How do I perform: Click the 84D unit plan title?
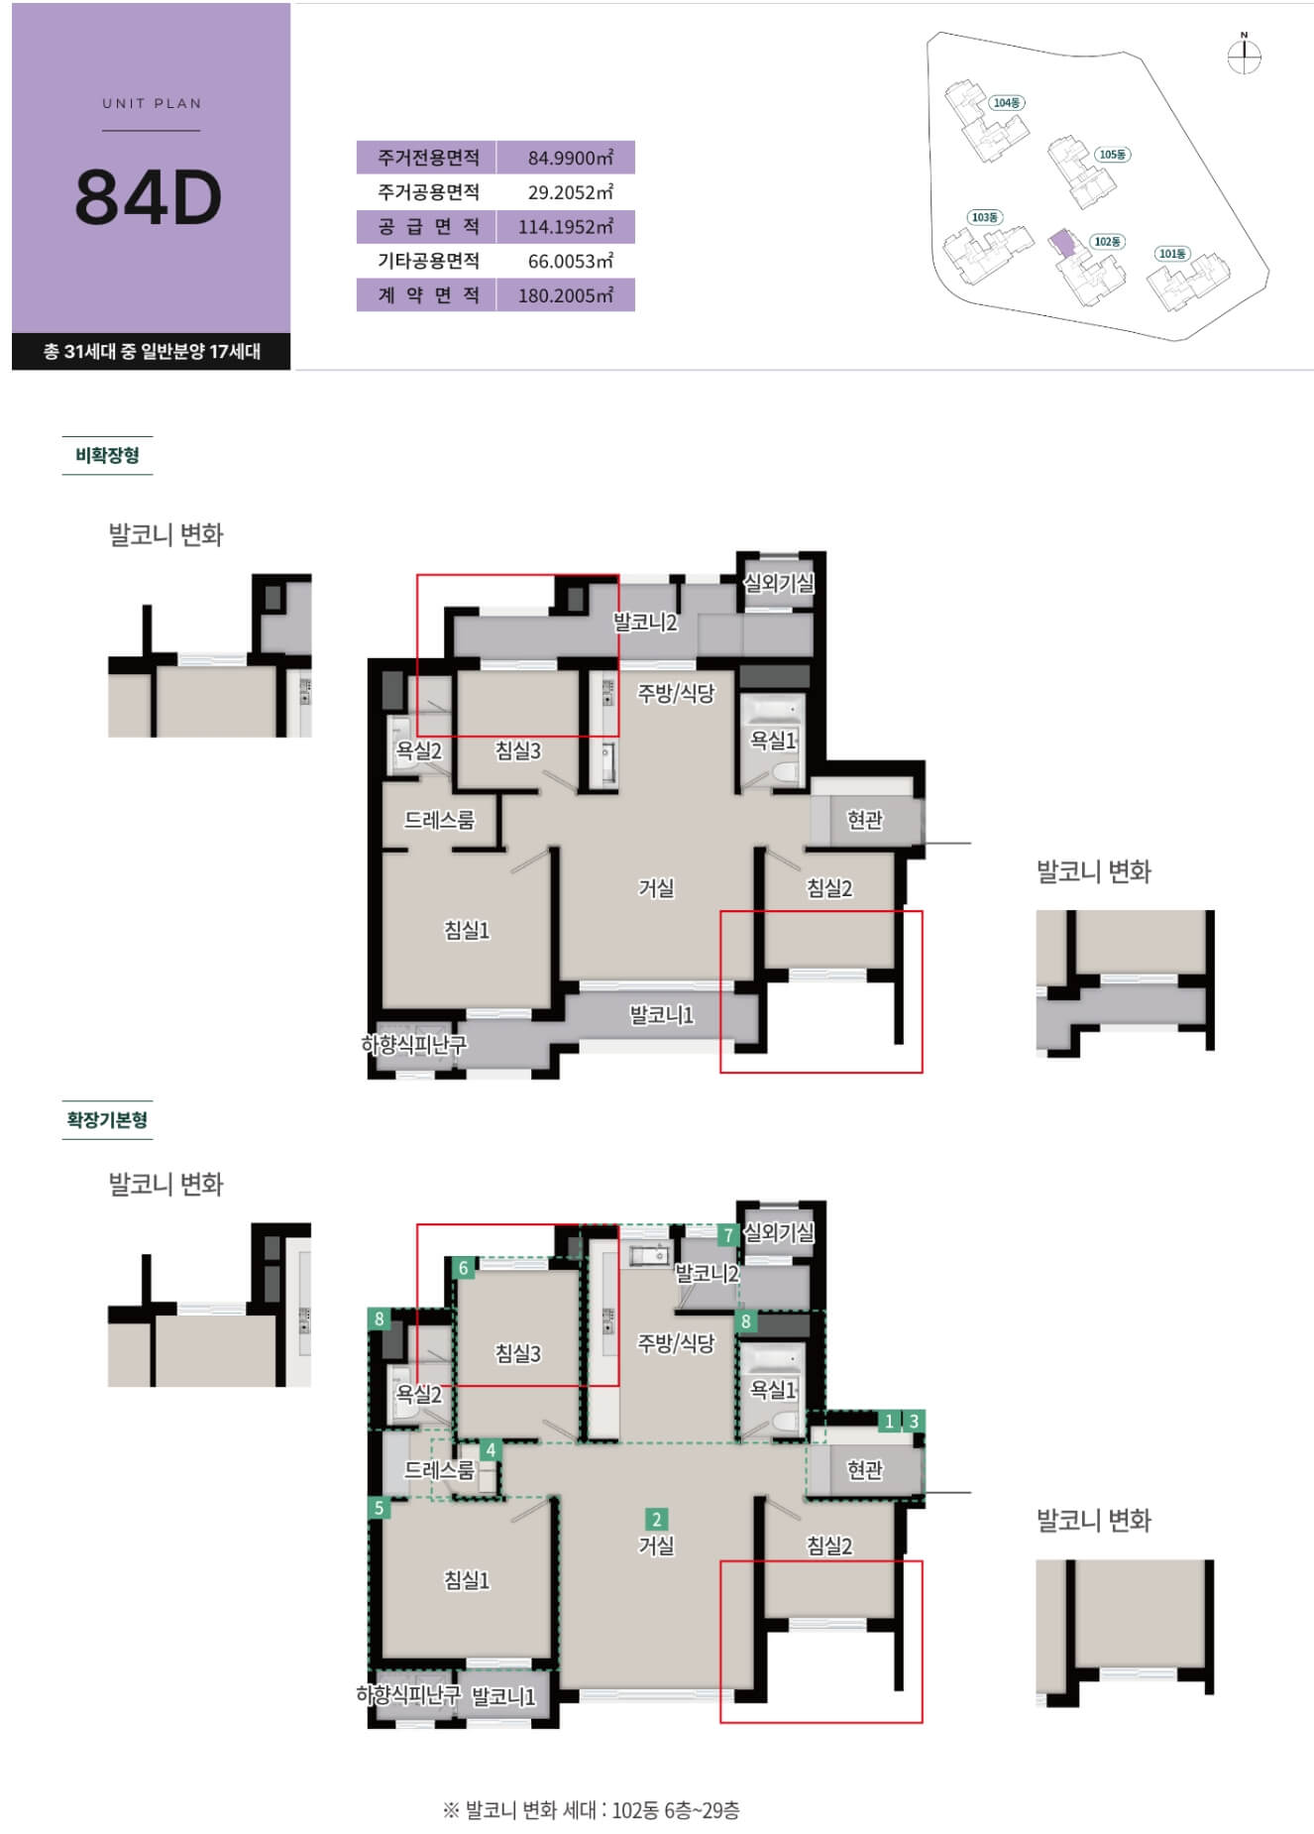[149, 196]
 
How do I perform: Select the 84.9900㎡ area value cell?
[566, 158]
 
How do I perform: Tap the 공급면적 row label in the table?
[427, 226]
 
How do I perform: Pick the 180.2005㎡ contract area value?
[566, 294]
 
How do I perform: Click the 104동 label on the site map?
[1007, 103]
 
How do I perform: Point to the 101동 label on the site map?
[1172, 254]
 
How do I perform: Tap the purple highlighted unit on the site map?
[1061, 243]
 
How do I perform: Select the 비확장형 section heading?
[107, 455]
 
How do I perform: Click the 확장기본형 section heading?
[107, 1119]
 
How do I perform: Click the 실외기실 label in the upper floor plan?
[779, 583]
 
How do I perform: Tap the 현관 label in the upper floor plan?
[865, 820]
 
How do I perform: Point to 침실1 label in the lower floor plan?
[467, 1579]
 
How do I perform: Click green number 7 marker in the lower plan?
[728, 1235]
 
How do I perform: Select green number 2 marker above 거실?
[656, 1519]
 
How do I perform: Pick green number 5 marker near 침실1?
[379, 1508]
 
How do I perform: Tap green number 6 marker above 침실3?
[463, 1268]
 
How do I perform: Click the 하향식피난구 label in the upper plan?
[414, 1044]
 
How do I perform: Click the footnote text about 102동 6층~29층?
[591, 1810]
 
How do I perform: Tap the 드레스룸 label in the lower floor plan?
[439, 1470]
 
